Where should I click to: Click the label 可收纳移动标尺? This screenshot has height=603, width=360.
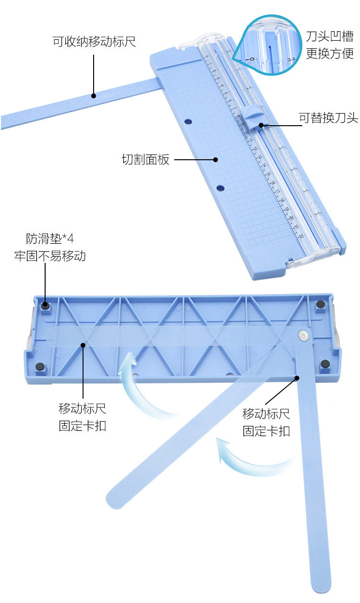94,41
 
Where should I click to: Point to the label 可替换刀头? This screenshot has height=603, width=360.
328,118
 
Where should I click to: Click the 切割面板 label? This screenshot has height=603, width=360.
145,160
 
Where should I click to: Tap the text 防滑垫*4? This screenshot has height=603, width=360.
50,238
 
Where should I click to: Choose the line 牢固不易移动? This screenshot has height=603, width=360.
50,256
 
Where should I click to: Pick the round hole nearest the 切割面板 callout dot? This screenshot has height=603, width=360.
220,188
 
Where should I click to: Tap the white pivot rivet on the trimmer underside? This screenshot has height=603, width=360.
303,334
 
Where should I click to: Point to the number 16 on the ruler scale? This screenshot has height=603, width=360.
272,182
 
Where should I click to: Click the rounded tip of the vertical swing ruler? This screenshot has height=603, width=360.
321,585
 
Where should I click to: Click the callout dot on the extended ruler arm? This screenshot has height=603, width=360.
94,95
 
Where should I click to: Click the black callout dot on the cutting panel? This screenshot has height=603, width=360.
216,160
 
